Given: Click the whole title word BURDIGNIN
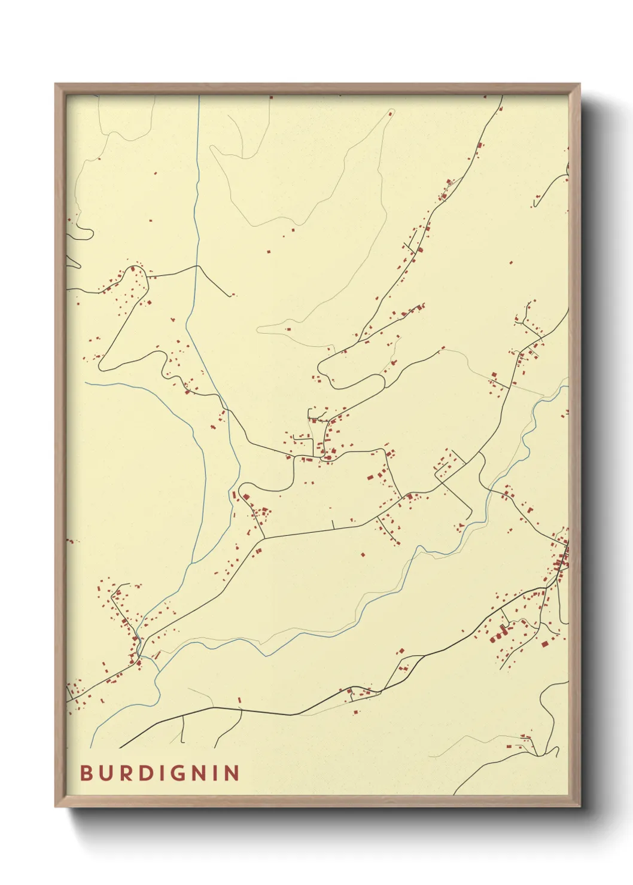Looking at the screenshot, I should [160, 773].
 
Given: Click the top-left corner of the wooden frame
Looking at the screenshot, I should [56, 85].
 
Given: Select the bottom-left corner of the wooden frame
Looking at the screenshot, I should [56, 805].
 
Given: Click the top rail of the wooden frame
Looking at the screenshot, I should [317, 89].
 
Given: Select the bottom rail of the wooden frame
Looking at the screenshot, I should [317, 801].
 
